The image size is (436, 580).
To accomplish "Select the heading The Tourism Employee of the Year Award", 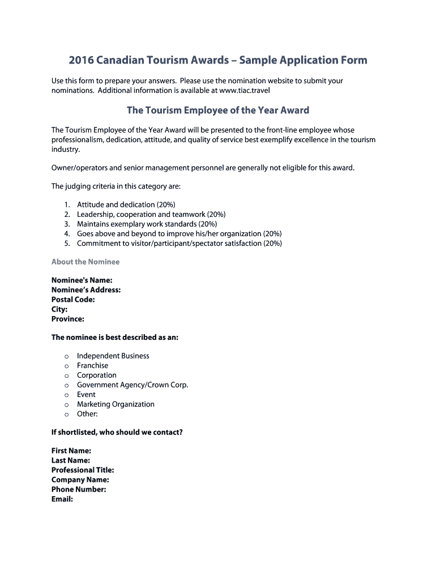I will (x=218, y=110).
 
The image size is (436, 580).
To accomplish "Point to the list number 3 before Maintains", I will (x=66, y=224).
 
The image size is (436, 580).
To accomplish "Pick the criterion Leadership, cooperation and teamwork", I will (x=151, y=214).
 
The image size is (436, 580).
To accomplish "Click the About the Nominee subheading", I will (x=86, y=262).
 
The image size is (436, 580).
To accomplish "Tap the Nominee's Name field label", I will (x=82, y=280).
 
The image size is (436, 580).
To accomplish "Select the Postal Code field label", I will (x=73, y=300).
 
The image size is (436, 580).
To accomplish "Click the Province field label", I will (x=68, y=319).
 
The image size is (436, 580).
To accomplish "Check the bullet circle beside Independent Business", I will (x=66, y=356).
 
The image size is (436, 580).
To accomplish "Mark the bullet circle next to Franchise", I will (x=66, y=366).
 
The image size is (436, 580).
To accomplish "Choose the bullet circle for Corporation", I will (x=66, y=376).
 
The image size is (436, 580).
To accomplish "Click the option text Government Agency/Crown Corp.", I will (x=132, y=385).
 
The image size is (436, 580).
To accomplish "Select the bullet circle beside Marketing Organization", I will (x=66, y=404).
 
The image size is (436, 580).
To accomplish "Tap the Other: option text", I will (x=87, y=413).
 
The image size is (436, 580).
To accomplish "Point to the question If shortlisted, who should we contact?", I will (x=117, y=432).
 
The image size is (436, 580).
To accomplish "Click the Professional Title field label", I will (x=83, y=470).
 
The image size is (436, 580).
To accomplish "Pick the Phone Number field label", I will (x=79, y=489).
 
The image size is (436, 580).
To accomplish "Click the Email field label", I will (x=62, y=499).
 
